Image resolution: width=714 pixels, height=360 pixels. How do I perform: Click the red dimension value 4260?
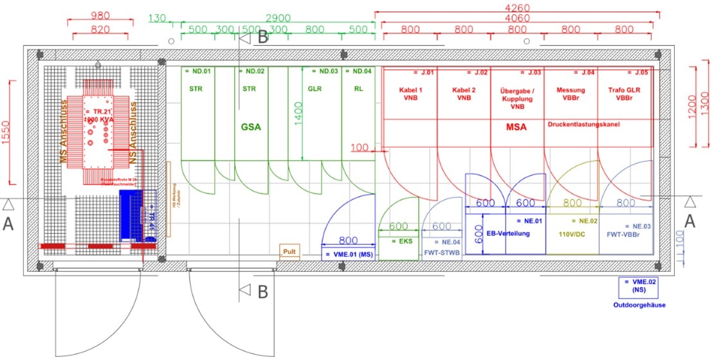click(517, 6)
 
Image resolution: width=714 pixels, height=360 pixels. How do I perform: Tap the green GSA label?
click(251, 127)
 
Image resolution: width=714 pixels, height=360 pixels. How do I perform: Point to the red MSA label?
click(515, 127)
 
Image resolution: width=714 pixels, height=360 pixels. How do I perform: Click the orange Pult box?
click(289, 251)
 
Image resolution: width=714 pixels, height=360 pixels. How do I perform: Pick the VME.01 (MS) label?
click(348, 255)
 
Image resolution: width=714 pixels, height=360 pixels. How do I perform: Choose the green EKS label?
click(398, 241)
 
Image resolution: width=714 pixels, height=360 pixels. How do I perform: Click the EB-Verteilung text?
click(508, 233)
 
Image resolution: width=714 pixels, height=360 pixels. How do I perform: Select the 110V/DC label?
click(571, 234)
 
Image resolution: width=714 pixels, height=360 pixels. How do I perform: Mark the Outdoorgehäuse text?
click(638, 305)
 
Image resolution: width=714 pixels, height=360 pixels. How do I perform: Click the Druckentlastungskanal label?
click(583, 123)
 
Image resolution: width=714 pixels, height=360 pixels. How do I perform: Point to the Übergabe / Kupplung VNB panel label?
click(516, 98)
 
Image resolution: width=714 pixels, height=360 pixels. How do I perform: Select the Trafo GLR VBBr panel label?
click(624, 94)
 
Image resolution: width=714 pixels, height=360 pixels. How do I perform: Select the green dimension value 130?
click(157, 18)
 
